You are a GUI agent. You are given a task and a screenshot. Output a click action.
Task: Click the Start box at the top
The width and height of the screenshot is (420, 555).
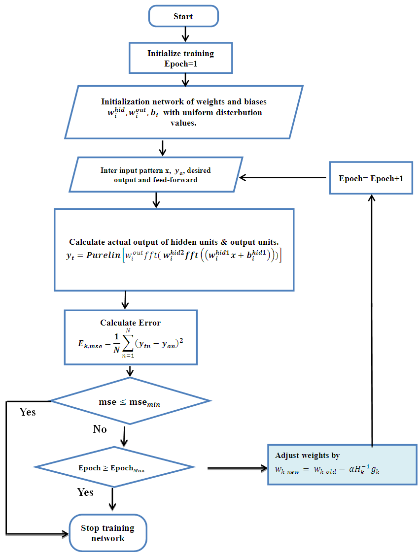[x=183, y=16]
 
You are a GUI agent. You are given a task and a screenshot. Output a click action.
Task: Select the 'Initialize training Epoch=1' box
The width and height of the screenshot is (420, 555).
[x=180, y=58]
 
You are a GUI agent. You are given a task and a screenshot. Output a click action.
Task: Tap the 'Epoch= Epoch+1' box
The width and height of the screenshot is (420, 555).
[x=371, y=178]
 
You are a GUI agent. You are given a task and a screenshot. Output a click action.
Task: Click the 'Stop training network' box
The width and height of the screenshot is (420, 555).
[x=108, y=533]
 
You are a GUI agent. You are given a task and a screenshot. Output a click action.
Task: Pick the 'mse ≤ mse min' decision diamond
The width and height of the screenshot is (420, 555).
[x=130, y=401]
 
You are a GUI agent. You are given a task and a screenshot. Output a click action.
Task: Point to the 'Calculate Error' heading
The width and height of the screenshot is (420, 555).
[x=130, y=323]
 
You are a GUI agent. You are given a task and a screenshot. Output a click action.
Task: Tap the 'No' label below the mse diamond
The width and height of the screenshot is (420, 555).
[x=100, y=429]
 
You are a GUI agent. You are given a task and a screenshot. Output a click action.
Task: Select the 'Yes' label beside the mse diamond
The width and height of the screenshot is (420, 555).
[x=28, y=412]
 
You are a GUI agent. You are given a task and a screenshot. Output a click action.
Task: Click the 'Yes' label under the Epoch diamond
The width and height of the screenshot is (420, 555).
[x=85, y=492]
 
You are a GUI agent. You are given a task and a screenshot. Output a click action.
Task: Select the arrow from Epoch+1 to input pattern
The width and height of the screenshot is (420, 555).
[x=283, y=178]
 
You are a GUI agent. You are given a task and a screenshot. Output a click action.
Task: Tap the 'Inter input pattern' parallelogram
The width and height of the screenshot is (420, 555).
[x=156, y=175]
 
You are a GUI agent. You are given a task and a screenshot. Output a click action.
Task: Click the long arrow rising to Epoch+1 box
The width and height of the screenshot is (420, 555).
[x=372, y=320]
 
